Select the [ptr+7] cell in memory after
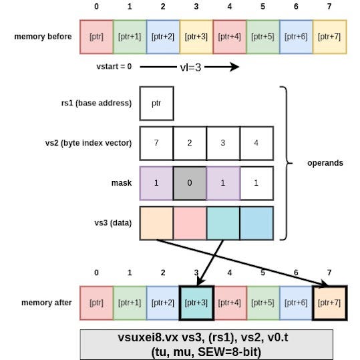pos(330,303)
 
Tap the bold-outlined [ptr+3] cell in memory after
pos(196,303)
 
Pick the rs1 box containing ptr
pos(156,103)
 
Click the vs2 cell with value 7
pos(156,143)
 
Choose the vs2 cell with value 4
pos(256,143)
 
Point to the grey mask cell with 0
pos(190,183)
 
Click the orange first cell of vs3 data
pos(156,223)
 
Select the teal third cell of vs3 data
pos(223,223)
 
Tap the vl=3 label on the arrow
pos(188,67)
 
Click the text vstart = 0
pos(114,67)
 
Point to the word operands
pos(326,163)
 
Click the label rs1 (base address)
pos(96,103)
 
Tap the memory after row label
pos(42,303)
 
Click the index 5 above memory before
pos(263,7)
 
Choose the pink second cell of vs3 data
pos(190,223)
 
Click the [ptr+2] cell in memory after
pos(163,303)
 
